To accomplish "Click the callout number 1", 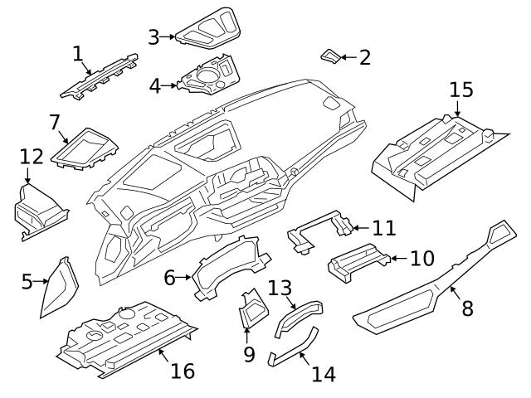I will tap(78, 55).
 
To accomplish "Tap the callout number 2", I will tap(364, 57).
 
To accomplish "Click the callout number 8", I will tap(467, 308).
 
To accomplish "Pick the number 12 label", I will tap(31, 156).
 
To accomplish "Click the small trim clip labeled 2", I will tap(329, 56).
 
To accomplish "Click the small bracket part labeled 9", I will tap(252, 310).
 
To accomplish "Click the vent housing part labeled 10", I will tap(357, 265).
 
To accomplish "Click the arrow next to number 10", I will tap(396, 259).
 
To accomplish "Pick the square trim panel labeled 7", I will tap(87, 148).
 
